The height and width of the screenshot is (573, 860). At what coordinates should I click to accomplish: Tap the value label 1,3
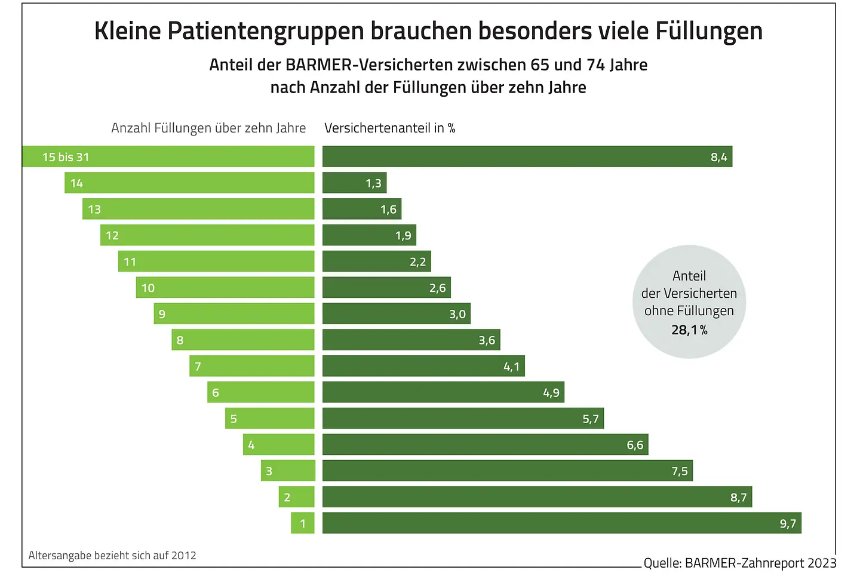[x=373, y=183]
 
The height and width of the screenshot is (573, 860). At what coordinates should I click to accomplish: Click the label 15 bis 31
[x=66, y=157]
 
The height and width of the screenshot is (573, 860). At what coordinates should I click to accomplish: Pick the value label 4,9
[x=551, y=393]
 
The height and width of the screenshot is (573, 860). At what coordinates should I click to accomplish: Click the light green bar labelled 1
[x=303, y=523]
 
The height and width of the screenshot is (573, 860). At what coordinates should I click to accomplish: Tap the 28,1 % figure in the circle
[x=689, y=330]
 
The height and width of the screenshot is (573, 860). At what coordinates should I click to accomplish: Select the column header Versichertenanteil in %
[x=389, y=128]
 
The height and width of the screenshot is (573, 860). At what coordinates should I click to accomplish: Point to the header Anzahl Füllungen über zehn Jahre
[x=208, y=128]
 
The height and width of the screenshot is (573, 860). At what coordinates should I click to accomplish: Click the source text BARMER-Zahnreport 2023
[x=760, y=563]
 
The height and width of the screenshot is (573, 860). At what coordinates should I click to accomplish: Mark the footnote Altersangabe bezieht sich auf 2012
[x=112, y=555]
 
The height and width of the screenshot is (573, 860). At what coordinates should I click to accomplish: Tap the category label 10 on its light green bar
[x=148, y=288]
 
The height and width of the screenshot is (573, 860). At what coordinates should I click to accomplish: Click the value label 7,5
[x=680, y=472]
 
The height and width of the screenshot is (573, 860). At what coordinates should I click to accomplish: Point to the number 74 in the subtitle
[x=595, y=64]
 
